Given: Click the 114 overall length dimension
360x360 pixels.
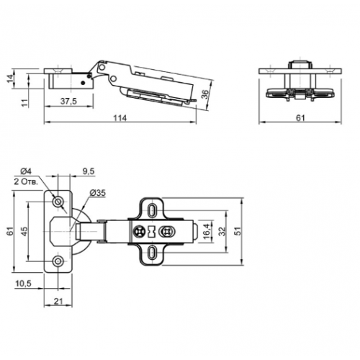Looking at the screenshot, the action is (x=120, y=118).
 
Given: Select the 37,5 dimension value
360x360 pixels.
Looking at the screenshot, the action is (x=68, y=102).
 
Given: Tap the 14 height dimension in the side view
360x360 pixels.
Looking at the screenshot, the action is (x=10, y=78).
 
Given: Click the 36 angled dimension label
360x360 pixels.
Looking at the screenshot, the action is (x=204, y=94).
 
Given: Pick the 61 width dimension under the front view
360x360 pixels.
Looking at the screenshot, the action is (x=300, y=118).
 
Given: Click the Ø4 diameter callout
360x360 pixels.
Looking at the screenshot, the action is (x=26, y=171).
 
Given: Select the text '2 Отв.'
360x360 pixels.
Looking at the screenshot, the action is (x=26, y=182).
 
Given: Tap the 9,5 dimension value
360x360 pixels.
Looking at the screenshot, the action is (x=89, y=171).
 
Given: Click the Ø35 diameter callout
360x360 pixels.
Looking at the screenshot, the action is (x=97, y=193).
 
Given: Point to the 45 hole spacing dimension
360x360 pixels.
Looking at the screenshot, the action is (x=24, y=231).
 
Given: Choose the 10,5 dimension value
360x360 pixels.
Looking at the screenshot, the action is (x=24, y=284).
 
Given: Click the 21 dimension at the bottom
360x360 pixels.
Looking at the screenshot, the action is (x=58, y=302).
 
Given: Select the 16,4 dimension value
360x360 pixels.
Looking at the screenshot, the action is (x=207, y=230).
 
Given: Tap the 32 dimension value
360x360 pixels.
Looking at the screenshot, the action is (x=222, y=231).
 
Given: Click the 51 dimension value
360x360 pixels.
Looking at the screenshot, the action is (x=237, y=231).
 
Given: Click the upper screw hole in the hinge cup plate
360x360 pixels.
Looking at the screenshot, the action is (x=58, y=202).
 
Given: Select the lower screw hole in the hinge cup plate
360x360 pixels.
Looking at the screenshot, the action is (x=58, y=261).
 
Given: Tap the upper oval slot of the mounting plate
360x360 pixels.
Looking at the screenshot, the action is (x=151, y=210).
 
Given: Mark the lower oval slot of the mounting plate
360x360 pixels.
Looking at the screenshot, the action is (x=151, y=253).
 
